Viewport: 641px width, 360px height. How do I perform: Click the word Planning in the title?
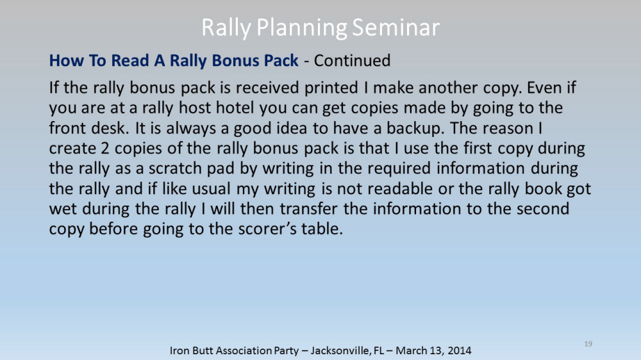point(302,28)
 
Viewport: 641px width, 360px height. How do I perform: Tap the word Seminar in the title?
point(395,28)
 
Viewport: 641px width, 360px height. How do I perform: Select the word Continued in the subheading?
point(352,60)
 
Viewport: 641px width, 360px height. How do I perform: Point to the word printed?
point(331,88)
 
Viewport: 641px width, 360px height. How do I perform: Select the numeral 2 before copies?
point(105,149)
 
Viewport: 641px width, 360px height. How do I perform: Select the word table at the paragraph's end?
point(322,229)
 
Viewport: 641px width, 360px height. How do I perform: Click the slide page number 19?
point(588,344)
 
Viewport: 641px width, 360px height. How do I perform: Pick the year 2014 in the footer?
point(459,350)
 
